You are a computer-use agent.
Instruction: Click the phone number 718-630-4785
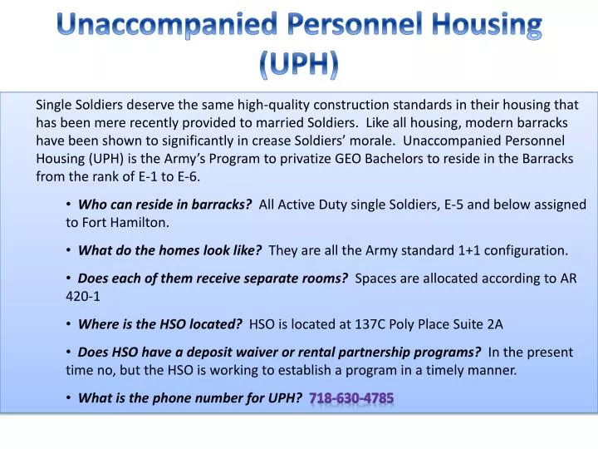coord(351,398)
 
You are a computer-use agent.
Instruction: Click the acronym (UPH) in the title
coord(299,65)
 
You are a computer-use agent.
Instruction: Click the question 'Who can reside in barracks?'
coord(164,205)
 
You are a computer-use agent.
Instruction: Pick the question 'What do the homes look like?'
coord(169,250)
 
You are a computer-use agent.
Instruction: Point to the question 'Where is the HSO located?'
coord(159,324)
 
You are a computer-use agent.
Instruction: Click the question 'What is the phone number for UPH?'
coord(189,398)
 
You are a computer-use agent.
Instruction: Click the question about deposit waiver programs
coord(279,353)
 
